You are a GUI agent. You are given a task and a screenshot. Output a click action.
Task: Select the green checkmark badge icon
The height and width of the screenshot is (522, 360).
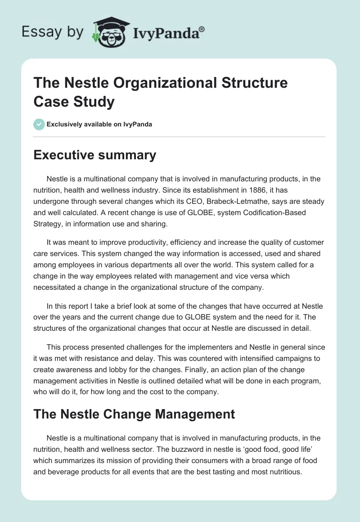(x=39, y=124)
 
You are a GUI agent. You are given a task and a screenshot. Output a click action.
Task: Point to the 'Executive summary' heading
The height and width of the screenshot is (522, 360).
(x=95, y=155)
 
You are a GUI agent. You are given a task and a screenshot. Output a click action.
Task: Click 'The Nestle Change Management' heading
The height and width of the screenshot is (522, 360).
(x=135, y=414)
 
